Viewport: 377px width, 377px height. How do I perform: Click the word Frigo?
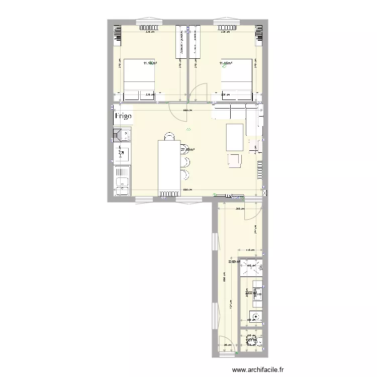pyautogui.click(x=124, y=116)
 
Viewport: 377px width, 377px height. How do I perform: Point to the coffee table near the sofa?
pyautogui.click(x=235, y=137)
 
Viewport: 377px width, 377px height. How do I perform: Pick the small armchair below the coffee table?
pyautogui.click(x=235, y=160)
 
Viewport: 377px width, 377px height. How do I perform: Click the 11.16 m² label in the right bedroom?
pyautogui.click(x=226, y=63)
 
